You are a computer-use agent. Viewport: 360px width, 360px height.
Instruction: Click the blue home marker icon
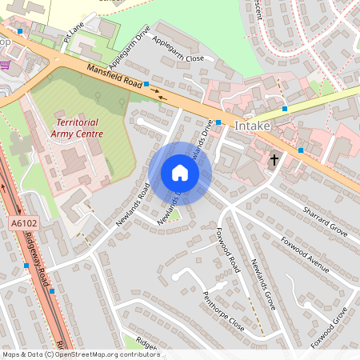(180, 173)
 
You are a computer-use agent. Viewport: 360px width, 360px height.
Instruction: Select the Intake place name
(253, 126)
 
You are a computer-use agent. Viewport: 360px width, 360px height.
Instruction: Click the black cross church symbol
(274, 160)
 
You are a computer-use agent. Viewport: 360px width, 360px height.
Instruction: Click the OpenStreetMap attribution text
(81, 354)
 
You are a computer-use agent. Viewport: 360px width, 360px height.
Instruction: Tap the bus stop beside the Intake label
(218, 122)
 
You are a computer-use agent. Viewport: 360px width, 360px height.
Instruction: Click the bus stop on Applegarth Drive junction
(146, 83)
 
